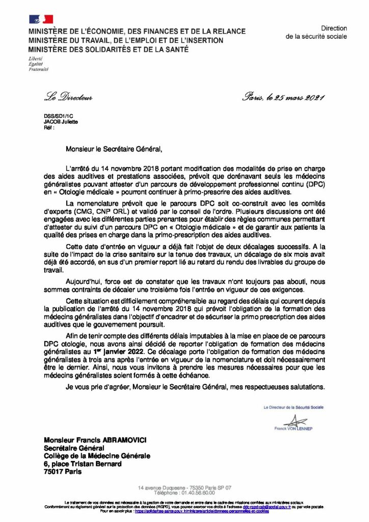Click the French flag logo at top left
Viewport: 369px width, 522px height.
[x=41, y=19]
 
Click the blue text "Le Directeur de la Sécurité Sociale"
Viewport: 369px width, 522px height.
[x=293, y=407]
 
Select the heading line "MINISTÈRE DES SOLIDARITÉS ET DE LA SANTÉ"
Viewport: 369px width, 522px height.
[x=109, y=49]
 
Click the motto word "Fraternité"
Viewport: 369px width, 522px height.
[x=39, y=69]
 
